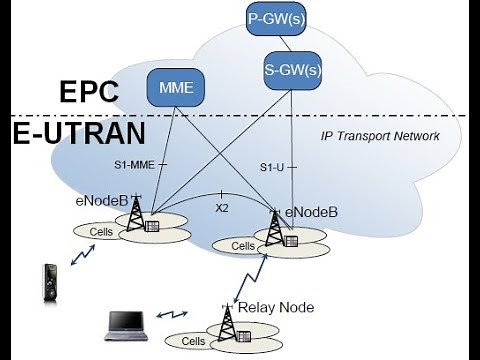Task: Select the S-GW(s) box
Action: click(x=292, y=70)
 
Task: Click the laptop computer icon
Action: click(x=127, y=325)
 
